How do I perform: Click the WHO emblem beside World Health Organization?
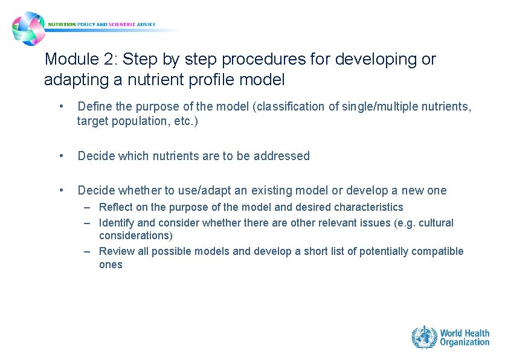424,337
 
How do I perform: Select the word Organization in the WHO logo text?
465,342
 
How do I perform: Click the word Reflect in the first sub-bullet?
115,207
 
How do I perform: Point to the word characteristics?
367,207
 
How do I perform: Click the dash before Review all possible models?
88,251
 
